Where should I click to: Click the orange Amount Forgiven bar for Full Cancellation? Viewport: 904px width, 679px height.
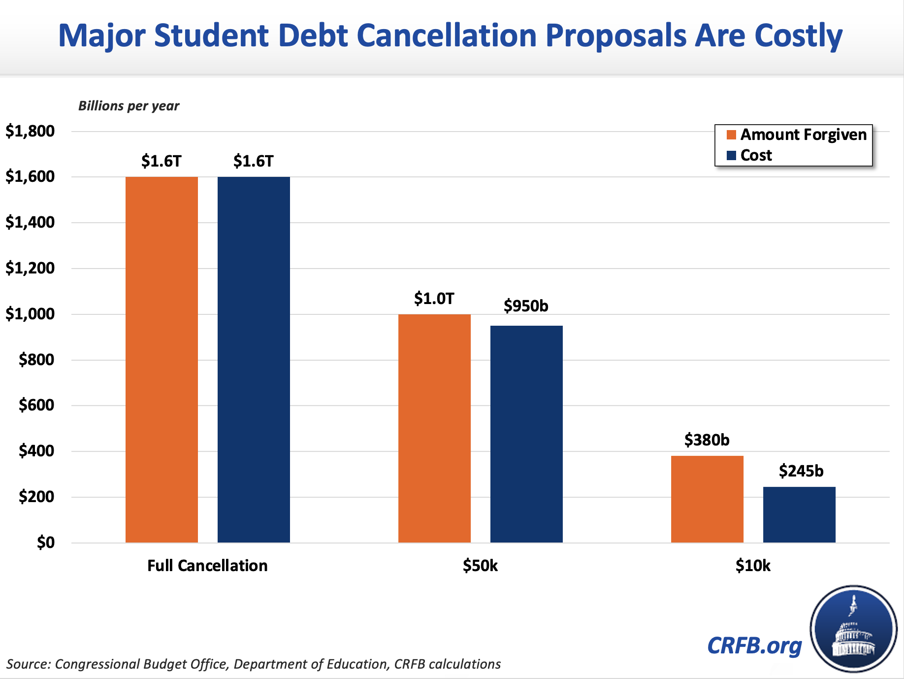pos(161,360)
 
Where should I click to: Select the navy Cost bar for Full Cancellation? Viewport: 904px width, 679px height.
pos(254,360)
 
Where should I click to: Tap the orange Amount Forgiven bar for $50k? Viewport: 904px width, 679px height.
pos(434,428)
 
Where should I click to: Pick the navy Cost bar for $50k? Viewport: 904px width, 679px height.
pos(526,434)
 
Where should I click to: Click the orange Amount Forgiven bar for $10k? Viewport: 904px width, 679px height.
pos(707,499)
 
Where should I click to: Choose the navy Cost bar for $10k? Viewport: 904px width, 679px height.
pos(799,514)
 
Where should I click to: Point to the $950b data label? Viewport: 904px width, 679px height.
pos(526,306)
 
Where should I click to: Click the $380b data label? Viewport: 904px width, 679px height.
pos(707,440)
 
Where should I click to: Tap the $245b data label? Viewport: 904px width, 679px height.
pos(801,471)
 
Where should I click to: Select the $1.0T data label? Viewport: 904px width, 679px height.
pos(434,299)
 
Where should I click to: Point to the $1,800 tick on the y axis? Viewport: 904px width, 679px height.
pos(30,131)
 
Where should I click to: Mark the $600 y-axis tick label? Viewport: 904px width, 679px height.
pos(36,405)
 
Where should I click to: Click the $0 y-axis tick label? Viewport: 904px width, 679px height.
pos(45,543)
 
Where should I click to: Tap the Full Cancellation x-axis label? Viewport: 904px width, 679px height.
pos(207,565)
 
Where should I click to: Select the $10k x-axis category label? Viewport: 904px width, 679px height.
pos(753,565)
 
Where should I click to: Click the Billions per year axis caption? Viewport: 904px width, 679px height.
pos(129,106)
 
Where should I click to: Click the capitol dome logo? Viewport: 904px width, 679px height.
pos(853,629)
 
